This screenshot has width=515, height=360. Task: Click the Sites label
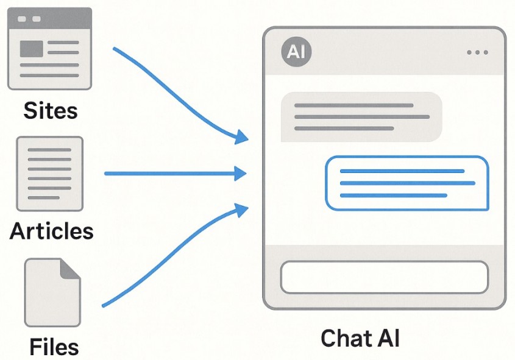[x=51, y=110]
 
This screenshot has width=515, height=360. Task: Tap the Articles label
[x=52, y=231]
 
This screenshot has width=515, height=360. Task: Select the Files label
[x=54, y=346]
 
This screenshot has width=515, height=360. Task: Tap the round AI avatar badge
[x=296, y=51]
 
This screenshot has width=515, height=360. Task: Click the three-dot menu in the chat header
[x=477, y=52]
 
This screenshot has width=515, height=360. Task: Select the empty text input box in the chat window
[x=384, y=277]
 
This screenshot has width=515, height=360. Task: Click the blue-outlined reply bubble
[x=407, y=183]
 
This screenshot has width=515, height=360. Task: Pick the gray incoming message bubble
[x=361, y=116]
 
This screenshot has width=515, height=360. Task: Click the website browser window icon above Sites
[x=49, y=49]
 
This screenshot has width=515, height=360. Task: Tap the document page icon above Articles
[x=49, y=174]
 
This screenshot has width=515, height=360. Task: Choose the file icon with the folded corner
[x=52, y=292]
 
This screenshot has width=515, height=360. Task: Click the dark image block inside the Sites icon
[x=31, y=49]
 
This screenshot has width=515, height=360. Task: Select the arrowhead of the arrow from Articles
[x=242, y=174]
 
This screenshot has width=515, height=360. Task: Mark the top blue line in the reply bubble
[x=402, y=171]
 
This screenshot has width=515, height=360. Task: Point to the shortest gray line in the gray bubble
[x=344, y=128]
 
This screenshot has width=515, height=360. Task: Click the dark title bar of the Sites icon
[x=49, y=19]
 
